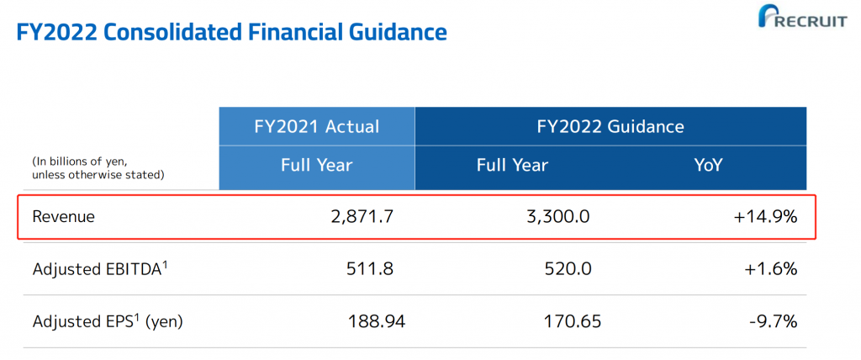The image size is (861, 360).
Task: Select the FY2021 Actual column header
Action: coord(317,127)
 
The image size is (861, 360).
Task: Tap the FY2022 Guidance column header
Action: coord(610,127)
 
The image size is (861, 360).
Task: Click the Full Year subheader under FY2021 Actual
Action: coord(317,166)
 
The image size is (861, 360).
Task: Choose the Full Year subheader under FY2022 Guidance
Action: coord(512,166)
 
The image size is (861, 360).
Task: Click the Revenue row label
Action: coord(64,217)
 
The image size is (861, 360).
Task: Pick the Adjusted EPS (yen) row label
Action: coord(108,321)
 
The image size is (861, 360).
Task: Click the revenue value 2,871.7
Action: coord(362,217)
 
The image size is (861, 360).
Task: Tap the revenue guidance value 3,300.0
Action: coord(558,217)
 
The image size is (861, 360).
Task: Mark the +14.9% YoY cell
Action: coord(764,217)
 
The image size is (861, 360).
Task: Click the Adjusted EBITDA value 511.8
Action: coord(370,269)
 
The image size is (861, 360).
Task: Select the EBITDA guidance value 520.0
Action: coord(568,269)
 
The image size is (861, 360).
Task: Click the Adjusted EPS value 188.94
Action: coord(376,321)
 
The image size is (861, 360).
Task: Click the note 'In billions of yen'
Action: coord(79,161)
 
